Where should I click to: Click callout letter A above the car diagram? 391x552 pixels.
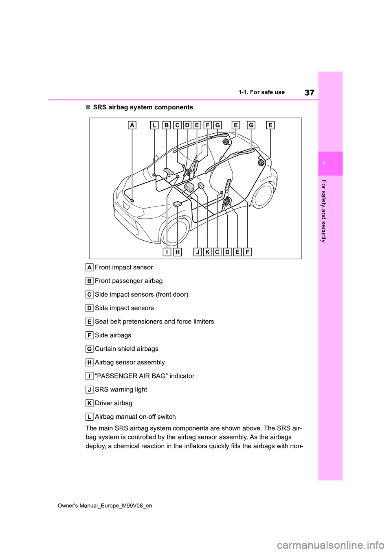(132, 125)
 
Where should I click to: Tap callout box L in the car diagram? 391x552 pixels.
(154, 125)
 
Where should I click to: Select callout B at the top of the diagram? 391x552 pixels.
(166, 125)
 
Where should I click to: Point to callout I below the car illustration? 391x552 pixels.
(167, 252)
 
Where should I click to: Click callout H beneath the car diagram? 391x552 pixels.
(177, 252)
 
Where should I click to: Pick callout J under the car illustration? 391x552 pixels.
(198, 252)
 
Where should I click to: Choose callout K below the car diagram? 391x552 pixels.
(207, 252)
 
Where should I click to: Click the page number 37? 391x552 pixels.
(309, 93)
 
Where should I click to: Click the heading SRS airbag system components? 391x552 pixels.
(143, 107)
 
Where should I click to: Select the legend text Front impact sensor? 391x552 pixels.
(124, 267)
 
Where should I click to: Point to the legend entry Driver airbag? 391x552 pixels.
(114, 403)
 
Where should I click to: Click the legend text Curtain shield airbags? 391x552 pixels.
(127, 349)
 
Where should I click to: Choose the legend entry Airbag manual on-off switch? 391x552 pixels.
(135, 417)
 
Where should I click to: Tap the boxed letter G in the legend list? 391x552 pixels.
(89, 349)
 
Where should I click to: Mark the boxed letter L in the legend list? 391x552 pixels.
(89, 417)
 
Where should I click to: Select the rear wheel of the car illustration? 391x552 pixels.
(263, 196)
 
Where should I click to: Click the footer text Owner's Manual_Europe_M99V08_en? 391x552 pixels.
(105, 506)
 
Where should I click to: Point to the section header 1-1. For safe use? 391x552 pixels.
(261, 92)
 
